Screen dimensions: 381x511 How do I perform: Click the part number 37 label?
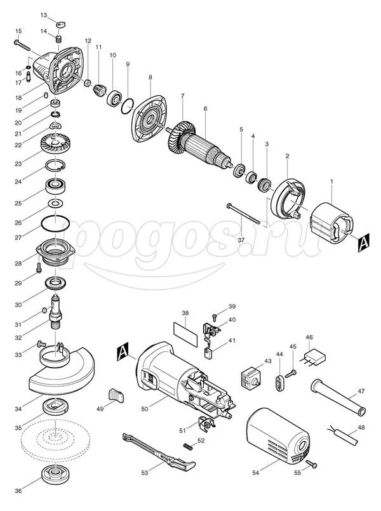click(241, 240)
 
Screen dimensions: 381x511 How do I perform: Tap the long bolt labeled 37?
click(243, 214)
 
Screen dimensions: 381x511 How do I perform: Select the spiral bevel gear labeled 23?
click(56, 143)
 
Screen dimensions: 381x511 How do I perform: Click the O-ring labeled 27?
click(55, 223)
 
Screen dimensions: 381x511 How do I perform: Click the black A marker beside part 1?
click(363, 243)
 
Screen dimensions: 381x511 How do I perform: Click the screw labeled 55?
click(311, 464)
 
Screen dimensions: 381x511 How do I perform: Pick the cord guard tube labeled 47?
click(338, 397)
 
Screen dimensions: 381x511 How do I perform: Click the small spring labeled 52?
click(189, 446)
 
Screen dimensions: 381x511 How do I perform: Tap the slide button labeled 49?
click(116, 395)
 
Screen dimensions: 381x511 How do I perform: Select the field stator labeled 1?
click(331, 223)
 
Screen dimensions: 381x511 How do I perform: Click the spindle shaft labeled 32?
click(56, 312)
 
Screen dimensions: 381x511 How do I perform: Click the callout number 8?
click(150, 77)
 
